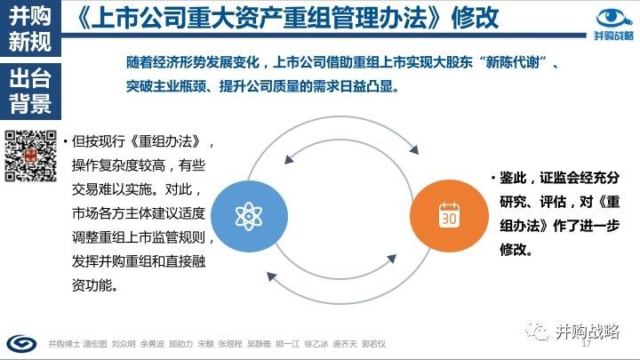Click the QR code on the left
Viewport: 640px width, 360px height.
(30, 156)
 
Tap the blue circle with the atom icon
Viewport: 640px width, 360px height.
(249, 216)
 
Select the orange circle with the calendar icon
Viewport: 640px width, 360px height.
(449, 216)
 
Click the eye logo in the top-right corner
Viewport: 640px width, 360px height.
(614, 18)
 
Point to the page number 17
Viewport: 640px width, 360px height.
(586, 344)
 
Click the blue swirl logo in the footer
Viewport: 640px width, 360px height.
(21, 343)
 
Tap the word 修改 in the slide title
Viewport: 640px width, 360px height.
(475, 18)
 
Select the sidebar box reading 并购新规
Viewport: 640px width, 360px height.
(30, 28)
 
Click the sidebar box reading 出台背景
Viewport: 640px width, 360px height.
(30, 91)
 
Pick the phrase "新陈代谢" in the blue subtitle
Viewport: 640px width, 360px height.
(512, 62)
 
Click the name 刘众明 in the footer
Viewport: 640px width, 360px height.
(124, 344)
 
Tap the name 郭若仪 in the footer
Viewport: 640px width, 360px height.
(373, 344)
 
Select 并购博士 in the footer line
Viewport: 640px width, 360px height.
(64, 344)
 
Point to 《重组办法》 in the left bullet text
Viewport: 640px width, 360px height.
(165, 141)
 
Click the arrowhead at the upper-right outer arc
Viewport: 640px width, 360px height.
(414, 149)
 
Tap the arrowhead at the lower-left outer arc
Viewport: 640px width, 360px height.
(271, 276)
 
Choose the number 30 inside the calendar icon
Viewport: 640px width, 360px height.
(449, 219)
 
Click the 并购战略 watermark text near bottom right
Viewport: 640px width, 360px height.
(588, 331)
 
